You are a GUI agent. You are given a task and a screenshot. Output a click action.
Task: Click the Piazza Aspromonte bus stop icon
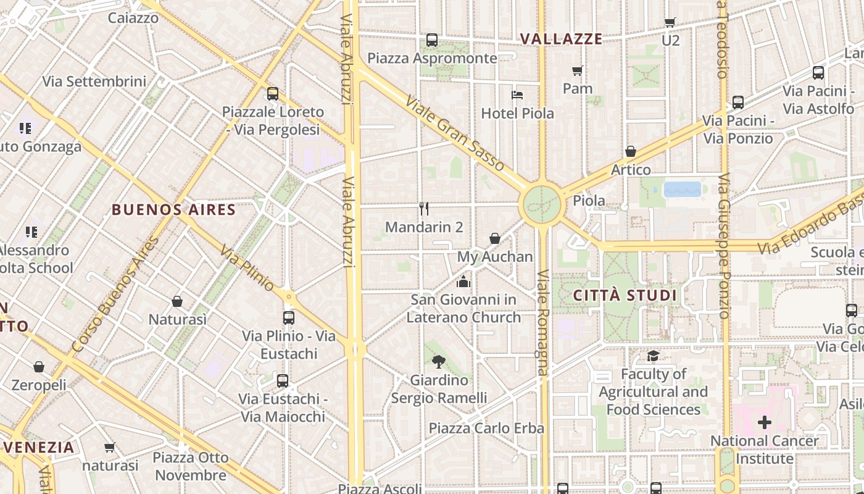click(432, 40)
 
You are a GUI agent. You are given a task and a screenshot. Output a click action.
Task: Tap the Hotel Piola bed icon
click(517, 95)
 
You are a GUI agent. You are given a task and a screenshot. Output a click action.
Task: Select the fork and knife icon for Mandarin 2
click(423, 209)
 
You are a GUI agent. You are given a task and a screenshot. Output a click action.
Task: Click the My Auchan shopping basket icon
click(495, 238)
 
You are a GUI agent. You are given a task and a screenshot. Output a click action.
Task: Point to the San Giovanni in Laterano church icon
click(463, 282)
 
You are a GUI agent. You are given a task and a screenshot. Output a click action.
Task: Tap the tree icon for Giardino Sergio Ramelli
click(439, 361)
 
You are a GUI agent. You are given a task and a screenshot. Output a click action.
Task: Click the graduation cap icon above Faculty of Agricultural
click(653, 356)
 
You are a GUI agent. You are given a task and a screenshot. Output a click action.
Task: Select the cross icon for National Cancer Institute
click(764, 422)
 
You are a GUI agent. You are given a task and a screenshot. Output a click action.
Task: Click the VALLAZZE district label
click(561, 39)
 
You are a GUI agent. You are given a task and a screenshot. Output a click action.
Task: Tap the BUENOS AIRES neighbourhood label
click(173, 209)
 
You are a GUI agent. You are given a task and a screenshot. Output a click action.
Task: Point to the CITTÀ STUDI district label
click(625, 295)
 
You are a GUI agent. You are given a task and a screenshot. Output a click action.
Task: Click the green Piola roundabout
click(542, 204)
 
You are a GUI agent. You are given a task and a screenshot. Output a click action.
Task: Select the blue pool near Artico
click(682, 189)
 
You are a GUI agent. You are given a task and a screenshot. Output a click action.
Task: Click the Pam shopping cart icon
click(578, 70)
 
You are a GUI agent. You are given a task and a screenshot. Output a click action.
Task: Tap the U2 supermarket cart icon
click(670, 23)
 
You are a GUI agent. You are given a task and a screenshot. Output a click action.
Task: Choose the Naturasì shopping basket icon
click(177, 301)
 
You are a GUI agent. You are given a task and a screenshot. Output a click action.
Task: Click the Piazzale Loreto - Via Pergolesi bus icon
click(272, 94)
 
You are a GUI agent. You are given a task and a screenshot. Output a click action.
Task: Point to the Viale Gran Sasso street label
click(454, 133)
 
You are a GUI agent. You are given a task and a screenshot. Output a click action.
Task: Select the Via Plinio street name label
click(247, 269)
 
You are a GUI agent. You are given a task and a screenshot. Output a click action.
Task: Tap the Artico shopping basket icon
click(631, 151)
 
